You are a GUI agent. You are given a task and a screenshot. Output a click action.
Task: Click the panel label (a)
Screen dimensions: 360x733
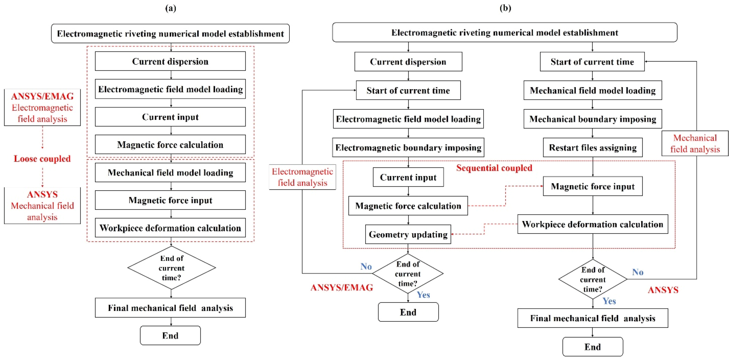171,8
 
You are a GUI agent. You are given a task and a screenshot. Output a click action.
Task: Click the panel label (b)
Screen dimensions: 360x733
505,8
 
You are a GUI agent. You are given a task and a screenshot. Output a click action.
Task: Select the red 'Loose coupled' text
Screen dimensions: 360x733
42,158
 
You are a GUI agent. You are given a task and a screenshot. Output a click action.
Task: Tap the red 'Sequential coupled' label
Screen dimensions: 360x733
494,168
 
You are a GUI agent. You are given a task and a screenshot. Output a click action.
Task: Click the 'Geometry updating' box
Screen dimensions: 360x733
408,234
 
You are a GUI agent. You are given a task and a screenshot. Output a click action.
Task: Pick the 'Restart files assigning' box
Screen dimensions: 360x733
592,147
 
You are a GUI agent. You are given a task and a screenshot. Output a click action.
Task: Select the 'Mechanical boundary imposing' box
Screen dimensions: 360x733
592,119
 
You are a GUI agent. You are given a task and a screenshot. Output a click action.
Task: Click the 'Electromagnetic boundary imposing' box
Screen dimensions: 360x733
408,147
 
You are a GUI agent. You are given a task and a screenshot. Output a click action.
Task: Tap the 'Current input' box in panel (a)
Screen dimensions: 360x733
170,117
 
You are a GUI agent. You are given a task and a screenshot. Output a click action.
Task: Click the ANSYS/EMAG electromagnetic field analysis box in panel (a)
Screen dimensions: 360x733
42,107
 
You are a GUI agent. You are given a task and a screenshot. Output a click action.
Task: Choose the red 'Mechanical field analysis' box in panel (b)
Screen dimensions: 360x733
695,143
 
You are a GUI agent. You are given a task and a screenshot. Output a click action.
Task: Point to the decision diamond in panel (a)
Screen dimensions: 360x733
171,268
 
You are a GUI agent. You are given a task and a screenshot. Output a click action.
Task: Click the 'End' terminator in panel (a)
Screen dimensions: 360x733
170,336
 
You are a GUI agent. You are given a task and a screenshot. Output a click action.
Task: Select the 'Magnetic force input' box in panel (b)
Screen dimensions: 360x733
592,186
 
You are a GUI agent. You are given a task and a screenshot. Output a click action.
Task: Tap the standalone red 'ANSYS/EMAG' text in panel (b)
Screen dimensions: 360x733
341,287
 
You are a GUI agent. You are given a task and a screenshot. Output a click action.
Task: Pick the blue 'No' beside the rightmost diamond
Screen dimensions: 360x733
637,272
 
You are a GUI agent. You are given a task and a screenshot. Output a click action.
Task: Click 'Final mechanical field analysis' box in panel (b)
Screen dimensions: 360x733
592,318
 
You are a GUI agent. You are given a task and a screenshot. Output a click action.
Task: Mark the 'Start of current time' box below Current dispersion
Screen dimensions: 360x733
408,90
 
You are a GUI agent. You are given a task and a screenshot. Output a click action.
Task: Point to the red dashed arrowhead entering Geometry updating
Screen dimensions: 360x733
453,234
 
